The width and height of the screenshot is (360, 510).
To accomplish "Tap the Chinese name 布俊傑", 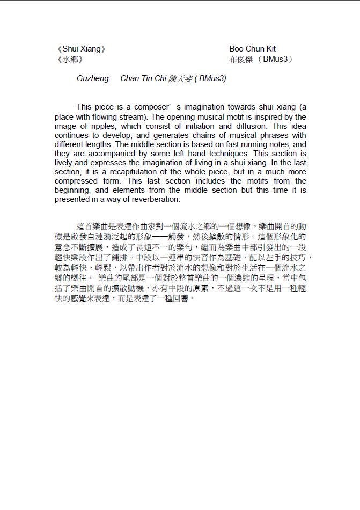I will pos(241,59).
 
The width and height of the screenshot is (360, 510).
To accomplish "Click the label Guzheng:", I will pos(93,79).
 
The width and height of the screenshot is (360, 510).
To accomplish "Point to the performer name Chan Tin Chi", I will pos(143,79).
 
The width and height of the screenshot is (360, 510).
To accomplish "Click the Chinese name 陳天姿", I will pos(180,79).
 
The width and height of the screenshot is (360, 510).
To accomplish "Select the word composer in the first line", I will pos(146,107).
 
